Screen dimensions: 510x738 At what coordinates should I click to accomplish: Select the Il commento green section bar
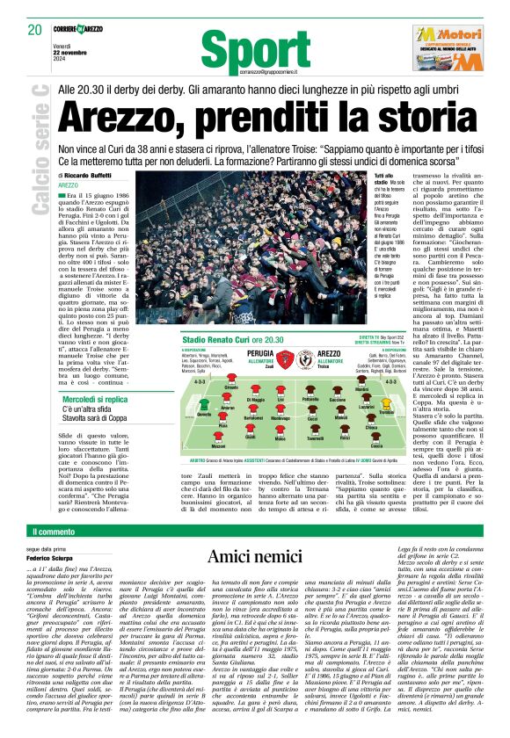coord(255,506)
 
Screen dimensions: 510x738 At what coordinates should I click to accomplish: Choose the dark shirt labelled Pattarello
coord(311,393)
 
